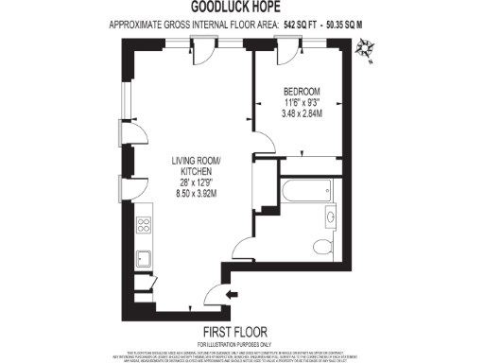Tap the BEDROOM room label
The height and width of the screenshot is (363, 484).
[x=302, y=91]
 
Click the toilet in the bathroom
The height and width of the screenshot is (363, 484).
[x=322, y=248]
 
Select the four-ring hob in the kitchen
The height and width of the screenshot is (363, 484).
[x=146, y=225]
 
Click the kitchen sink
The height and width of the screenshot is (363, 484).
[x=146, y=258]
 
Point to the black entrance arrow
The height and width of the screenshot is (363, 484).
[x=233, y=295]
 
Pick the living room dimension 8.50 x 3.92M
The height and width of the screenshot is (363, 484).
[x=197, y=194]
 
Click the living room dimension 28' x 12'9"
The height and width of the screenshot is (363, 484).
[x=197, y=182]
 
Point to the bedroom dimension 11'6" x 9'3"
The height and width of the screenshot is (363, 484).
[x=302, y=102]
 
